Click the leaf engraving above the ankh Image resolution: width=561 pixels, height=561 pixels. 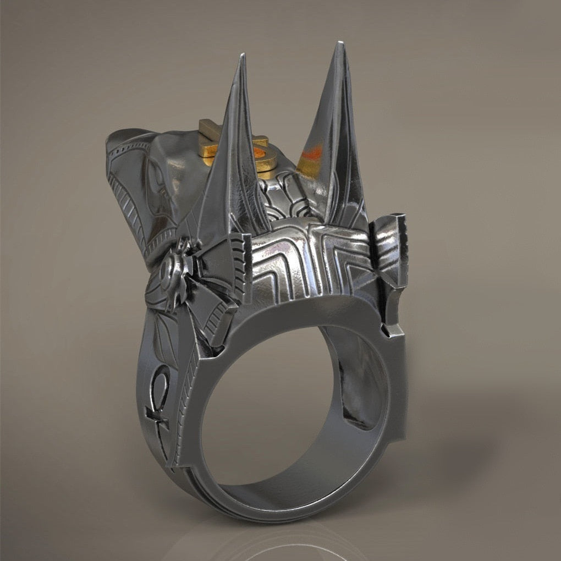[x=159, y=341]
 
